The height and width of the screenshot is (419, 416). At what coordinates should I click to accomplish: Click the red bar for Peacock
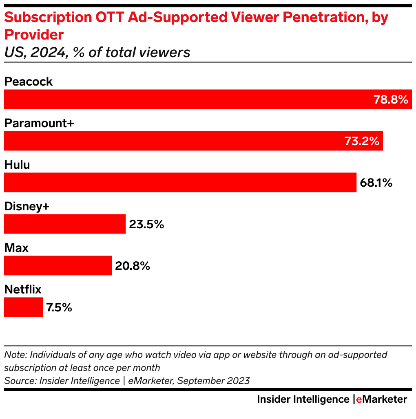click(x=188, y=99)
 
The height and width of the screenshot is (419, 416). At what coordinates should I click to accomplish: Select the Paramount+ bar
click(x=171, y=141)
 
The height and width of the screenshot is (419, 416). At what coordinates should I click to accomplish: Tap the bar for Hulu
click(x=179, y=182)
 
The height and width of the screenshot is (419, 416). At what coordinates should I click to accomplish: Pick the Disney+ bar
click(x=64, y=224)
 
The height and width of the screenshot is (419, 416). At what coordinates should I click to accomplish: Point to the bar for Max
click(x=58, y=265)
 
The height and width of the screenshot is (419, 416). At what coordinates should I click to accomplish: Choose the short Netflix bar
click(x=23, y=307)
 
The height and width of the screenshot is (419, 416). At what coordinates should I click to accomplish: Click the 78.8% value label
click(x=391, y=99)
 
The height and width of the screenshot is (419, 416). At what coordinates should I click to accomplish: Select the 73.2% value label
click(x=362, y=141)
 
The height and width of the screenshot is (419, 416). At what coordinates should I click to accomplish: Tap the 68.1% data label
click(x=376, y=183)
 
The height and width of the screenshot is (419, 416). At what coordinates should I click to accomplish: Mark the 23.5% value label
click(x=146, y=224)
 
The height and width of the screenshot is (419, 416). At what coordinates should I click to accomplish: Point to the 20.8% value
click(x=133, y=266)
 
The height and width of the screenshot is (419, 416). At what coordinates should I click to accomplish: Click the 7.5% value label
click(x=59, y=307)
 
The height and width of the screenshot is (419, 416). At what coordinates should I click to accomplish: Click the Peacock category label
click(x=28, y=82)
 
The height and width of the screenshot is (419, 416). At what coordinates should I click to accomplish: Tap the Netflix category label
click(x=23, y=289)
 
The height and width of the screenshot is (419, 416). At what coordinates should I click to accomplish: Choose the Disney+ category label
click(x=27, y=206)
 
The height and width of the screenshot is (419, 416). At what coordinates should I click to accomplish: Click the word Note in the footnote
click(x=15, y=355)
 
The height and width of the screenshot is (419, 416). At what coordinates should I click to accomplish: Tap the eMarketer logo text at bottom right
click(x=381, y=399)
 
